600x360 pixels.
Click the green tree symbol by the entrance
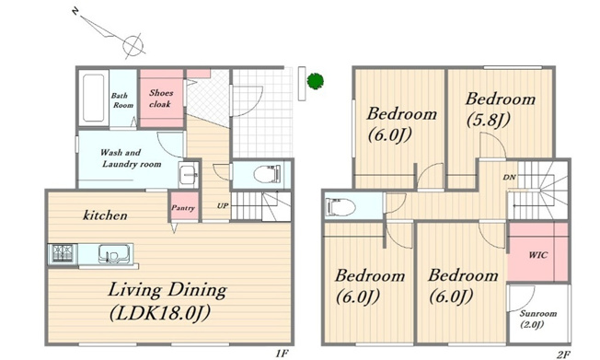click(316, 81)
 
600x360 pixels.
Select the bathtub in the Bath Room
click(93, 98)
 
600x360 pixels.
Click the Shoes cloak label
click(161, 98)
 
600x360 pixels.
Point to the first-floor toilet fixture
click(267, 174)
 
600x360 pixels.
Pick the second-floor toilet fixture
click(340, 207)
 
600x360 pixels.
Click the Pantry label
click(183, 207)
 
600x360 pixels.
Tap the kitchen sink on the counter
click(112, 254)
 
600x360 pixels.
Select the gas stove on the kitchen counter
click(63, 254)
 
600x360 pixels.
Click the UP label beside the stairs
click(223, 205)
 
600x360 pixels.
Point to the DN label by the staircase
click(509, 178)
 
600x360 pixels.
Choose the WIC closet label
click(538, 255)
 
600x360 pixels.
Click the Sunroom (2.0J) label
click(537, 319)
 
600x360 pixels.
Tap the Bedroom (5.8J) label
click(500, 110)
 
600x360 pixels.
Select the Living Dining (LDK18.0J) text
click(167, 301)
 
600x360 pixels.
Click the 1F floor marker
click(282, 354)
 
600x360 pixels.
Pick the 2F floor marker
click(563, 354)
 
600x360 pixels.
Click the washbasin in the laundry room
click(188, 174)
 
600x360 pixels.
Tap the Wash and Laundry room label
click(130, 158)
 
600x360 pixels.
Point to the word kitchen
click(105, 215)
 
